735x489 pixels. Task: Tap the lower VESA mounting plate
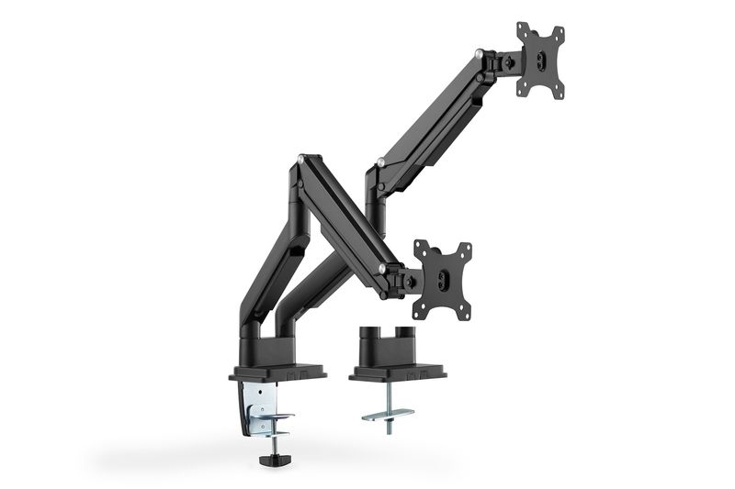tap(442, 279)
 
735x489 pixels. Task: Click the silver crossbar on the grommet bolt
tap(388, 415)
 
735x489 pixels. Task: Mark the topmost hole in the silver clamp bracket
tap(261, 389)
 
